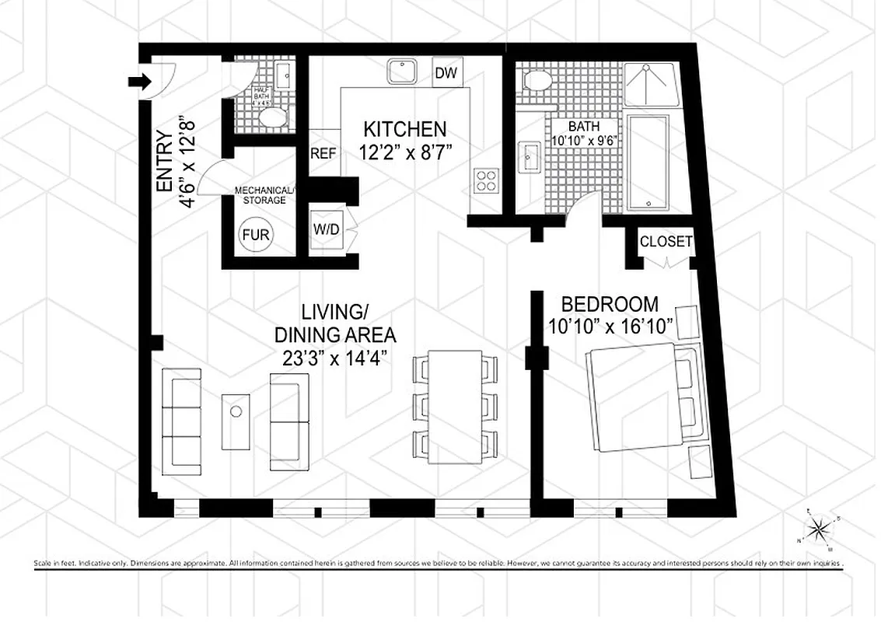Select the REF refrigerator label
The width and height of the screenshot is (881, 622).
click(x=323, y=153)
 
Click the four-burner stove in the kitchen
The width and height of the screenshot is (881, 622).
click(x=487, y=180)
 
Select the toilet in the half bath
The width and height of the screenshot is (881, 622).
click(x=273, y=118)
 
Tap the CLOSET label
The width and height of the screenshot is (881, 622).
click(x=666, y=242)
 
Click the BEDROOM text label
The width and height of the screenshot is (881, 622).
click(x=610, y=304)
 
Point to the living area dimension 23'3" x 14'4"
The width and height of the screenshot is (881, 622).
click(x=335, y=358)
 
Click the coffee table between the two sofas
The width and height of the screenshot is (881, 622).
click(x=236, y=421)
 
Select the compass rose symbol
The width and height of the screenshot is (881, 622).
click(x=818, y=530)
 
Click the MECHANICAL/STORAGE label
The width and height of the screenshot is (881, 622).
click(x=265, y=195)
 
